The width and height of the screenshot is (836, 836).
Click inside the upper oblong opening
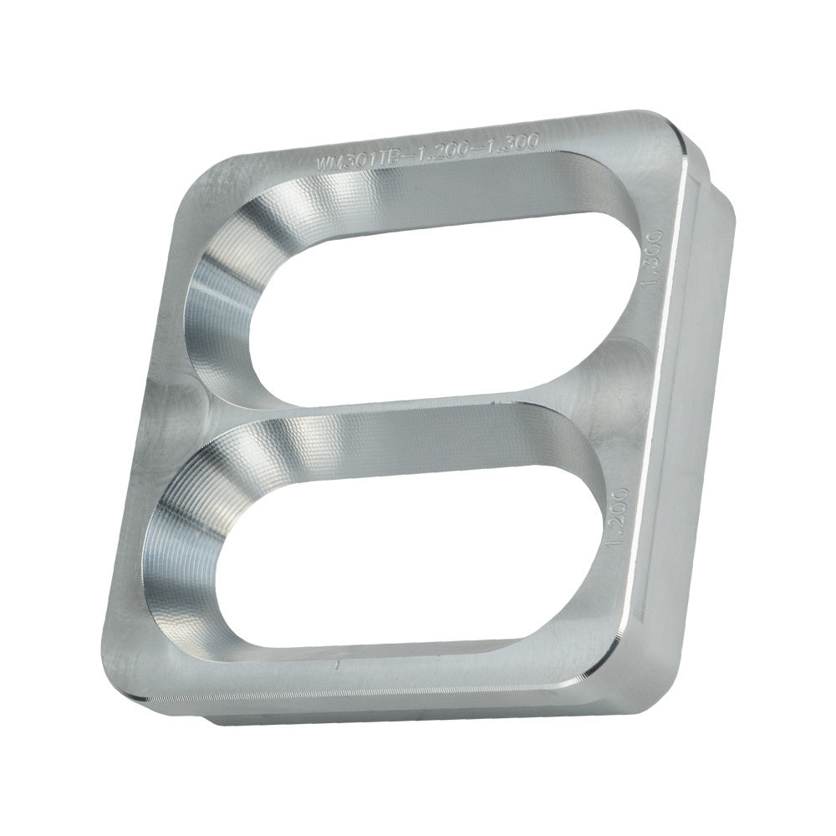coord(435,301)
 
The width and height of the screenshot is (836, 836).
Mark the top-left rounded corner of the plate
coord(196,176)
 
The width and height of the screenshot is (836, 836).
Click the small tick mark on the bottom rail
coord(336,665)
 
